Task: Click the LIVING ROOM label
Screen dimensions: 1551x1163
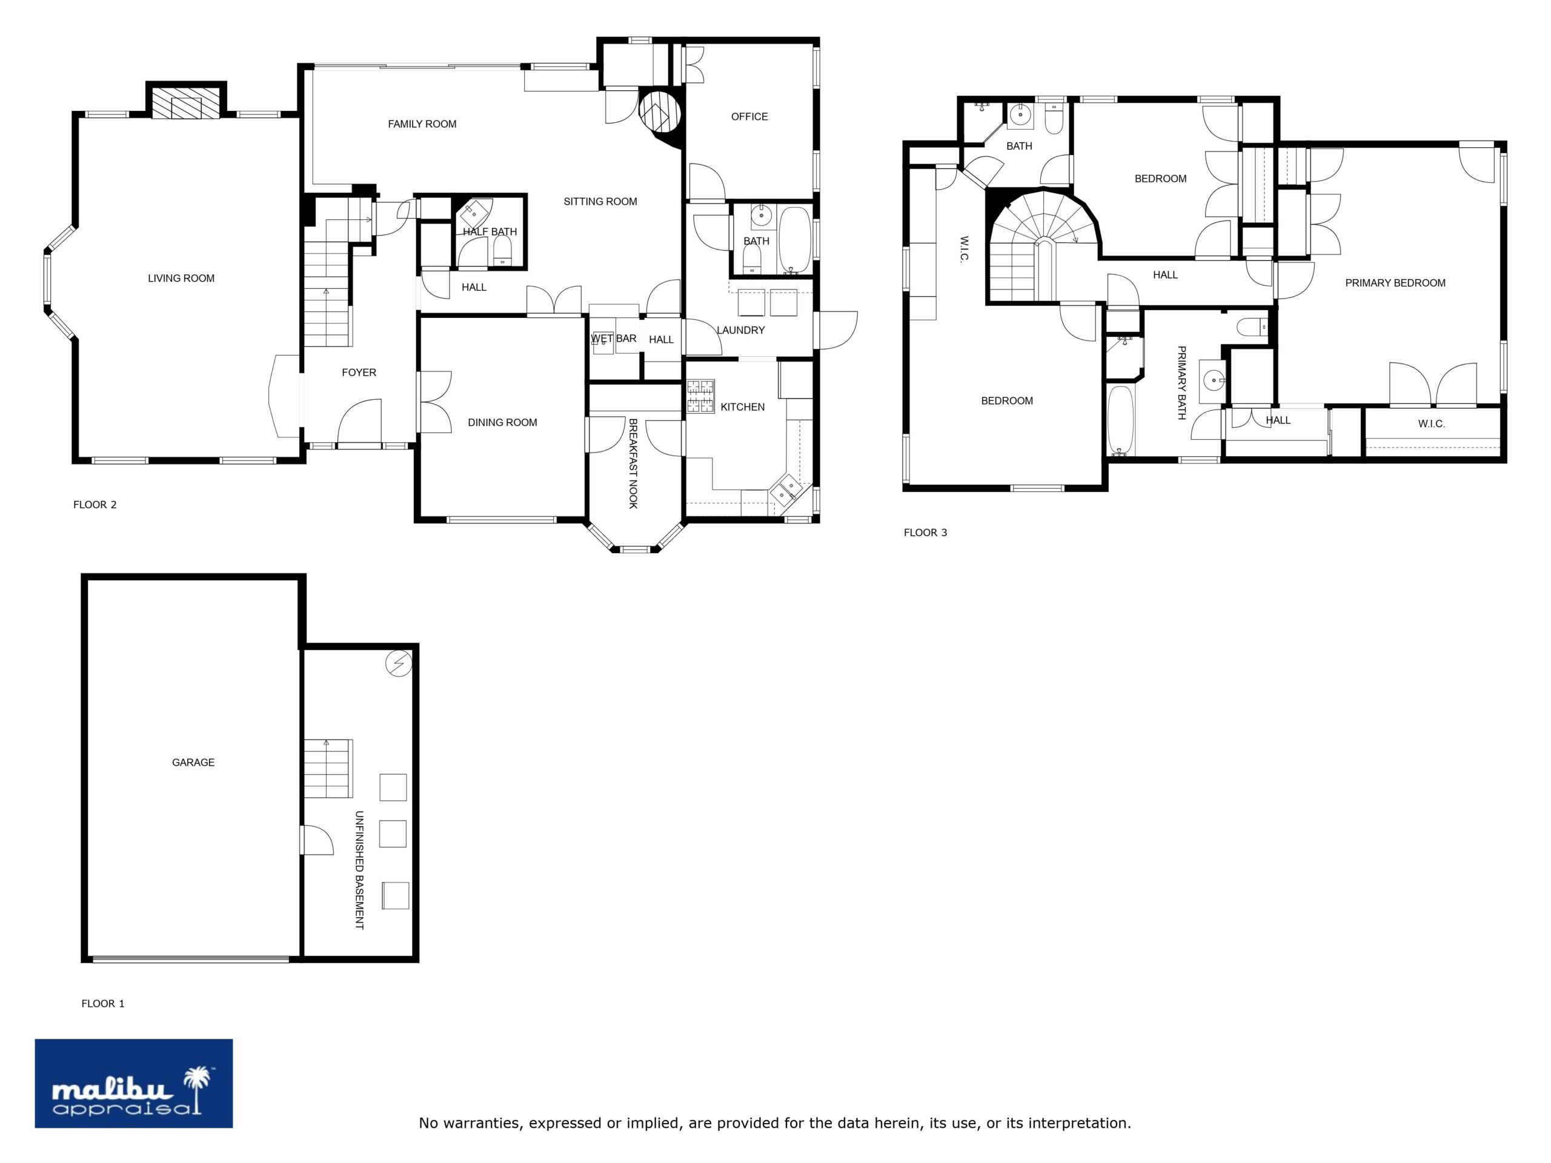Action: click(181, 278)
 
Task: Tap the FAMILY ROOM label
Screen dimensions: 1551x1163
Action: click(422, 124)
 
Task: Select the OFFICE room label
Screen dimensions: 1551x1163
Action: click(749, 116)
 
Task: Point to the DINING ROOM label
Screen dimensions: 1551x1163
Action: click(502, 422)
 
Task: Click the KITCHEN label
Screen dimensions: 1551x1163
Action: click(743, 406)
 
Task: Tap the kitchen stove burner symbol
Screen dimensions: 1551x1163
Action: click(700, 396)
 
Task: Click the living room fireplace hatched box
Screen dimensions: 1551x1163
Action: click(187, 103)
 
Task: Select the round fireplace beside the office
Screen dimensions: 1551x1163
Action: click(660, 111)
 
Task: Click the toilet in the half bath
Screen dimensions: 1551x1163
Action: click(502, 250)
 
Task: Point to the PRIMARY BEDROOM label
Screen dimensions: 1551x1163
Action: click(1395, 283)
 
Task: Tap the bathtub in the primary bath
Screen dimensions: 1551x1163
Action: click(1120, 420)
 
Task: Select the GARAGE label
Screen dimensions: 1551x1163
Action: click(193, 762)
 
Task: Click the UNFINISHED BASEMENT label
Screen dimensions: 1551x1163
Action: click(360, 870)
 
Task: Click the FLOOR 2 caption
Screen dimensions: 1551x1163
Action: click(95, 505)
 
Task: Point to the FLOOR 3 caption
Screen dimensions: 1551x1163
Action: click(926, 533)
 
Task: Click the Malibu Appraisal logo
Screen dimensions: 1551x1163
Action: click(134, 1083)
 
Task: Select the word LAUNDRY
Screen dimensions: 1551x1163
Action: click(740, 330)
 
